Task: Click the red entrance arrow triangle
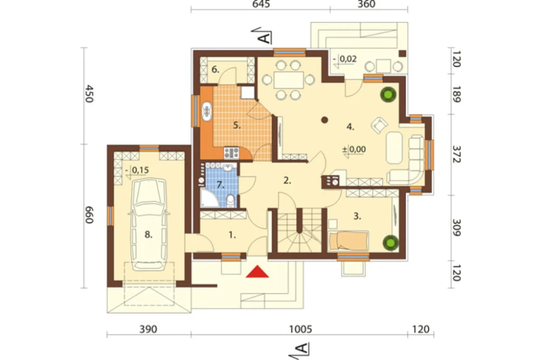click(x=258, y=272)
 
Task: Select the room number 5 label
click(x=237, y=125)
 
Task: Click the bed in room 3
click(x=348, y=241)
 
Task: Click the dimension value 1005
click(x=300, y=329)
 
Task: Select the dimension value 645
click(x=261, y=4)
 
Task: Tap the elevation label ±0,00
click(x=354, y=150)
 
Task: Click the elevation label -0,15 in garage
click(x=137, y=170)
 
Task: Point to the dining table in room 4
click(x=289, y=80)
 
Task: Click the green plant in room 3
click(x=391, y=243)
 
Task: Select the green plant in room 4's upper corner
click(x=388, y=95)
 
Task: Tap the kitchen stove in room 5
click(x=232, y=153)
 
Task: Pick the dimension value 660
click(x=89, y=215)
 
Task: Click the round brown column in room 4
click(x=324, y=120)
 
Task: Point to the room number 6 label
click(x=215, y=70)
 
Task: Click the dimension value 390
click(x=148, y=329)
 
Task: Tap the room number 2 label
click(x=287, y=180)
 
